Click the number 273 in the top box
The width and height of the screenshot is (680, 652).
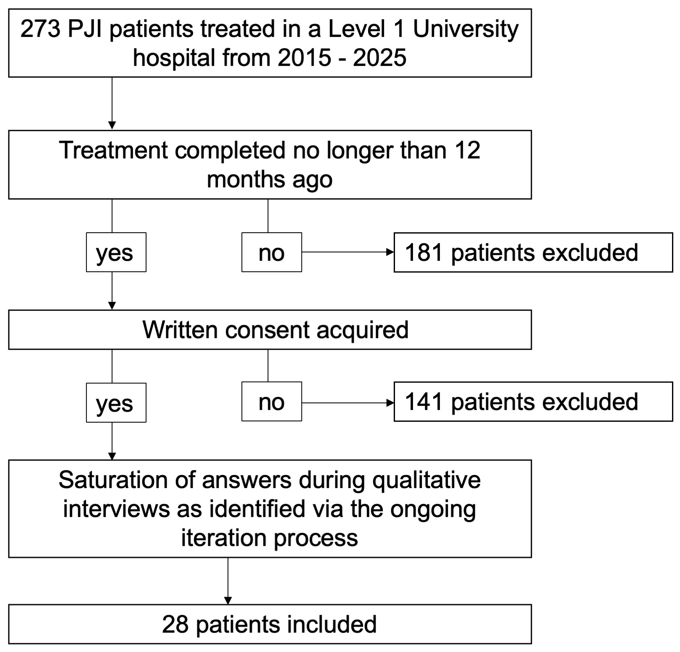pos(40,29)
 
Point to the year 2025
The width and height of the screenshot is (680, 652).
pos(379,58)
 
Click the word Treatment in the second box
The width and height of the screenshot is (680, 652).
pos(113,150)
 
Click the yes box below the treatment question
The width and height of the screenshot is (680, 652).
pos(116,252)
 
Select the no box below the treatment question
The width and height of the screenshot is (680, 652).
pos(272,252)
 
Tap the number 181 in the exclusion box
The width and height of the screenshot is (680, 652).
pos(424,252)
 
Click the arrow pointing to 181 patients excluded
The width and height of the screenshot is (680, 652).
pos(348,252)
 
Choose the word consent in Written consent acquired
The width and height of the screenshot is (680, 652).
pos(267,330)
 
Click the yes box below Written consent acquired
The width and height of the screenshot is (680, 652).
pos(116,403)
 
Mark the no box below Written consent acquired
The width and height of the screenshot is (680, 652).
pos(272,401)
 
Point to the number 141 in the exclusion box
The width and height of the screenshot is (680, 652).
pos(424,402)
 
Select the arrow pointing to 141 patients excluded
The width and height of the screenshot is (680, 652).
pos(348,403)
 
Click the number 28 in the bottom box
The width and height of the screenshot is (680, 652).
pos(175,624)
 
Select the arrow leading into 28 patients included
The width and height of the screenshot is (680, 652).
pos(228,581)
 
